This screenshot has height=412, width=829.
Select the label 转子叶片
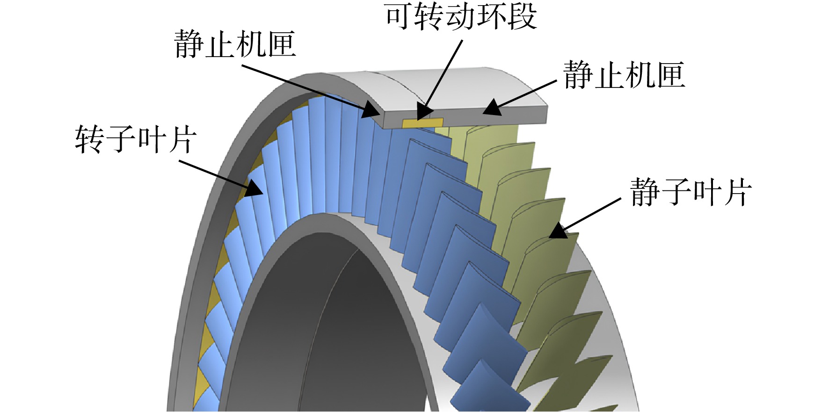coord(136,139)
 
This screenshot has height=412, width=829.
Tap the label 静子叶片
coord(691,192)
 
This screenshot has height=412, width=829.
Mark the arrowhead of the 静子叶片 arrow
coord(557,231)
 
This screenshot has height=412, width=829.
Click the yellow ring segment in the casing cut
coord(422,123)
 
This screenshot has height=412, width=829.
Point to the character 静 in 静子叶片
coord(645,192)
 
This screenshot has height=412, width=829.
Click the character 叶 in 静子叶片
coord(706,192)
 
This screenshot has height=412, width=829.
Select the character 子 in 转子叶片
coord(121,139)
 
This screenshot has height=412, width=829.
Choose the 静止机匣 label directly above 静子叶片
coord(624,75)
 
